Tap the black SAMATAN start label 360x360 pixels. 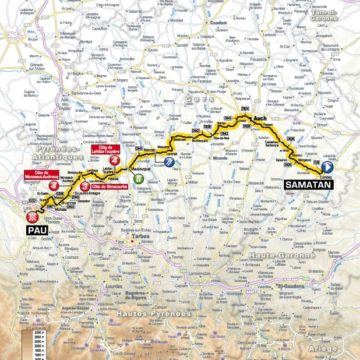[309, 185]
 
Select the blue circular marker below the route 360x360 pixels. [169, 162]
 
